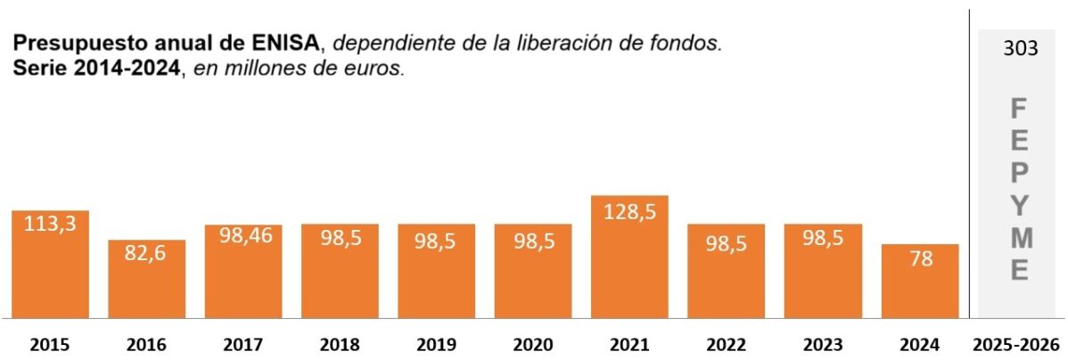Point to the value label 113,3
(50, 225)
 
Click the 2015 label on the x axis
(50, 345)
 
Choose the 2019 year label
(436, 345)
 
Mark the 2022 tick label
(726, 345)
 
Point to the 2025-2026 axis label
(1016, 345)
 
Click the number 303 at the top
(1020, 49)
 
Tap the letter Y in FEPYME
(1020, 204)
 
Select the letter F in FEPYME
(1020, 110)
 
